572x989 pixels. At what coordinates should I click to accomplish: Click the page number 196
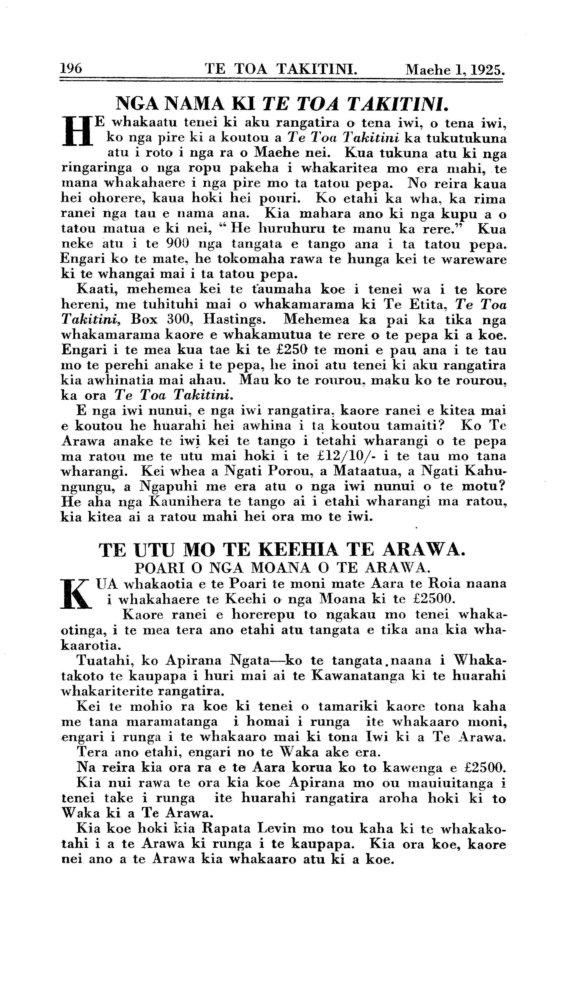click(x=71, y=69)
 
